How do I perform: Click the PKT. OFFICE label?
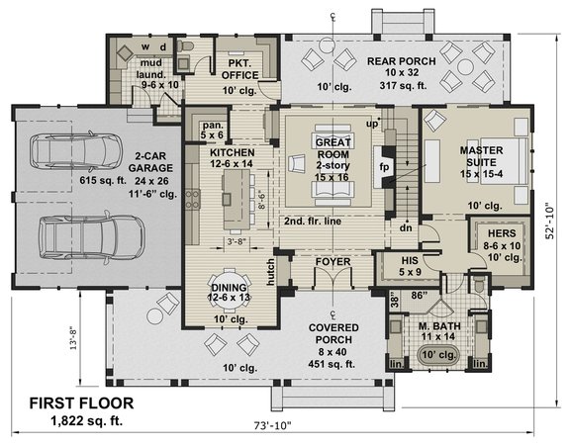[237, 68]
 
